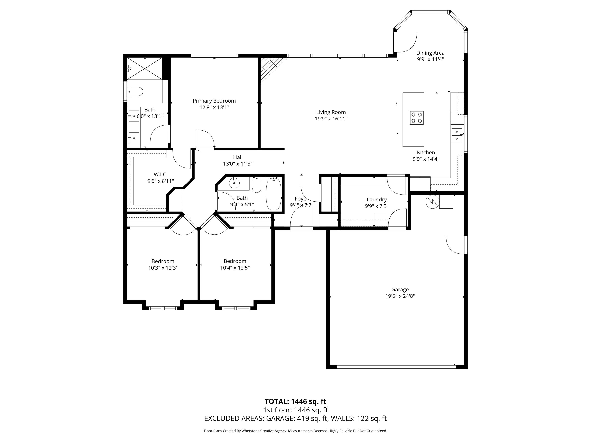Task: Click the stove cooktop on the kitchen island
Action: pyautogui.click(x=416, y=118)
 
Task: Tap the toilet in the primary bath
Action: pyautogui.click(x=135, y=92)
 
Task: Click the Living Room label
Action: pyautogui.click(x=331, y=112)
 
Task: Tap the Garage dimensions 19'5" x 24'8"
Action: pyautogui.click(x=400, y=296)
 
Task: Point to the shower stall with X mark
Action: pyautogui.click(x=145, y=68)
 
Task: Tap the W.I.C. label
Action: pyautogui.click(x=160, y=175)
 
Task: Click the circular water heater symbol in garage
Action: pyautogui.click(x=432, y=202)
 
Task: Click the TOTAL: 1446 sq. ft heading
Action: pyautogui.click(x=295, y=401)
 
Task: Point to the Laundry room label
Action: pyautogui.click(x=376, y=200)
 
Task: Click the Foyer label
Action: pyautogui.click(x=301, y=199)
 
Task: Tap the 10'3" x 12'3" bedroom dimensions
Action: pyautogui.click(x=163, y=268)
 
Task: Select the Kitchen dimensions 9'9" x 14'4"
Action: pyautogui.click(x=426, y=159)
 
